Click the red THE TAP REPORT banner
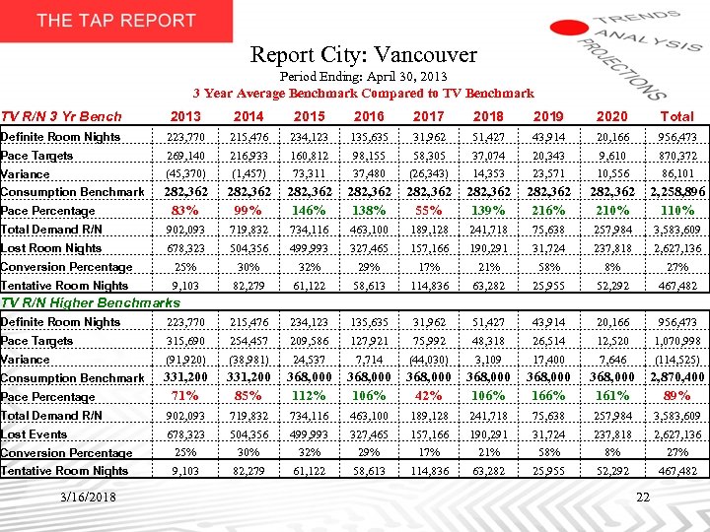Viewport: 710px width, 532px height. (x=116, y=21)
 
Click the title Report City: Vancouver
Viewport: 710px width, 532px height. (x=363, y=55)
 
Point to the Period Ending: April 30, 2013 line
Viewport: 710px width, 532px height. (x=363, y=76)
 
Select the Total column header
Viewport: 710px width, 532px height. (x=676, y=116)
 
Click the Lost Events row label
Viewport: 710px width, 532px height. (x=35, y=433)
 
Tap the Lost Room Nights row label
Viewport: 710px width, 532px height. (x=51, y=248)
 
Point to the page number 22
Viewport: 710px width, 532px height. (x=643, y=498)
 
